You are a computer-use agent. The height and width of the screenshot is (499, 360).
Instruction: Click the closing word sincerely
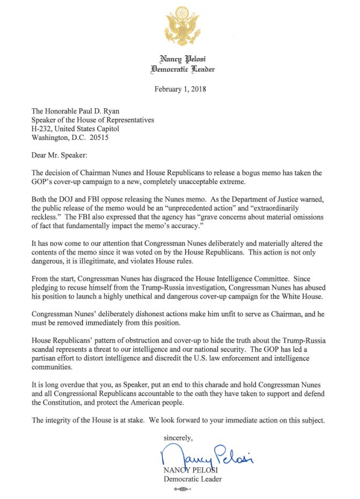[180, 437]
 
